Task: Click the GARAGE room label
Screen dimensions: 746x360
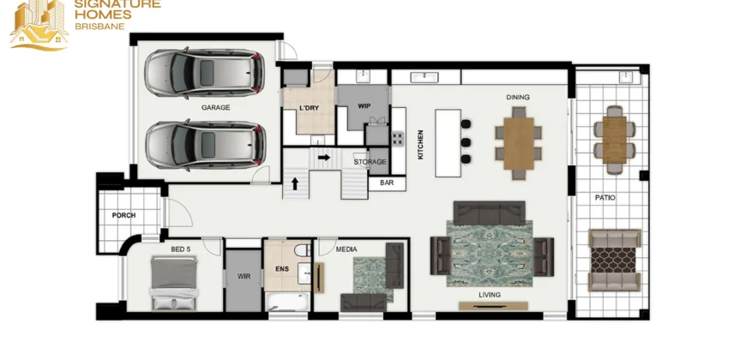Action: pos(215,107)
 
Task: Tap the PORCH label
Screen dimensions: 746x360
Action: pos(123,215)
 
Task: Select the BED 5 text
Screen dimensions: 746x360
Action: pos(181,249)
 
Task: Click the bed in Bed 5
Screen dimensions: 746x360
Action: pos(174,283)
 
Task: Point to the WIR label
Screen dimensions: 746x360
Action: pos(244,276)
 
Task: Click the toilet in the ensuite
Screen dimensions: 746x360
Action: pos(302,249)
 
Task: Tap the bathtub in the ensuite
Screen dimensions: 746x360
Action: pos(287,302)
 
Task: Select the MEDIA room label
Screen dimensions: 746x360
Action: pos(346,249)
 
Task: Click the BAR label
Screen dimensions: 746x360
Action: pos(387,183)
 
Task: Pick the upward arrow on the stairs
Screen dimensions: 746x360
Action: pos(295,183)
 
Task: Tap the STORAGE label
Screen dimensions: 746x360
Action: pos(370,162)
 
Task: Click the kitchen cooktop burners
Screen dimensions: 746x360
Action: pos(397,138)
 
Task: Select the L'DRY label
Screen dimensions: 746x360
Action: pos(310,108)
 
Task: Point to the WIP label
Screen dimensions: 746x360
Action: pos(364,106)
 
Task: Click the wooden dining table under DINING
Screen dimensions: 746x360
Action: pos(519,143)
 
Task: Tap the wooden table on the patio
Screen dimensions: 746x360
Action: pos(615,141)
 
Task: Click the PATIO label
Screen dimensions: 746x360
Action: pos(605,198)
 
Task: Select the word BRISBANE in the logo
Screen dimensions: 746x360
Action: pos(100,27)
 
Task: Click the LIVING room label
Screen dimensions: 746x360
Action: pos(490,295)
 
